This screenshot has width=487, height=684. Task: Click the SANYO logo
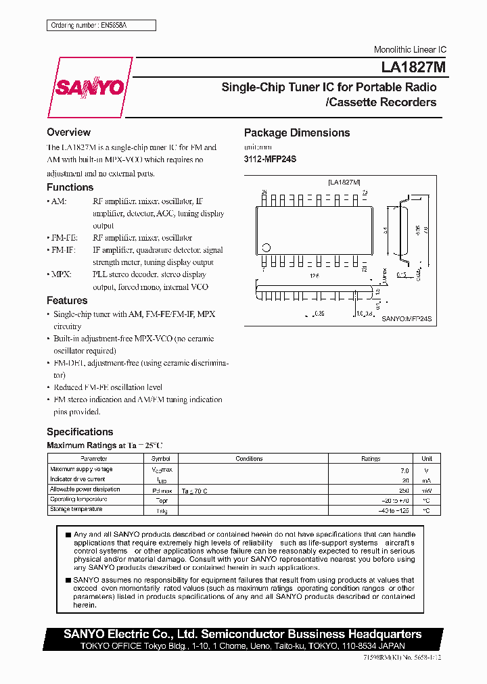pyautogui.click(x=89, y=88)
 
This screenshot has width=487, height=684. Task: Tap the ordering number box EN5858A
pyautogui.click(x=101, y=25)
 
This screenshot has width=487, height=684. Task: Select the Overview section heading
pyautogui.click(x=68, y=132)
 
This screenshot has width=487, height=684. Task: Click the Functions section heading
pyautogui.click(x=70, y=187)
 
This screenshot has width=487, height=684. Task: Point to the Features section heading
pyautogui.click(x=67, y=301)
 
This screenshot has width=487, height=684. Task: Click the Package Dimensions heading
pyautogui.click(x=297, y=133)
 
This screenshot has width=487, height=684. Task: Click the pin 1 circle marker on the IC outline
pyautogui.click(x=266, y=247)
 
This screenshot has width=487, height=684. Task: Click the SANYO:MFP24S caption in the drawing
pyautogui.click(x=407, y=318)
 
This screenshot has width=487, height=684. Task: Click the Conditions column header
pyautogui.click(x=249, y=458)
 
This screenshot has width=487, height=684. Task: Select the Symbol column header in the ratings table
pyautogui.click(x=160, y=458)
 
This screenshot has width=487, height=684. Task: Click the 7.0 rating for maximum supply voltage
pyautogui.click(x=404, y=470)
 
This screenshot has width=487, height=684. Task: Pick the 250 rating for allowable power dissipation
pyautogui.click(x=404, y=490)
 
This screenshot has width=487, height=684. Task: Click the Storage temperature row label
pyautogui.click(x=76, y=510)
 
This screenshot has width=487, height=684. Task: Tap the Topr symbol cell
pyautogui.click(x=162, y=500)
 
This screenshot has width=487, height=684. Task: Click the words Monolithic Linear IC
pyautogui.click(x=410, y=50)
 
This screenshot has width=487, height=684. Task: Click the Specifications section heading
pyautogui.click(x=80, y=432)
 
